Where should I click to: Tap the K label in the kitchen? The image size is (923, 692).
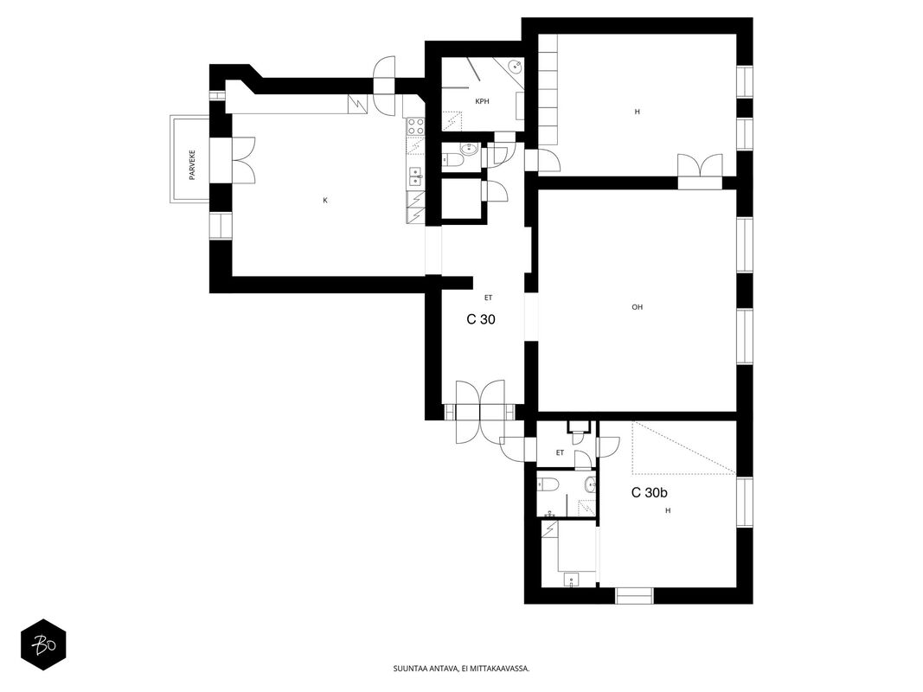325,201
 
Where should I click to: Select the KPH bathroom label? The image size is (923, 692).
482,101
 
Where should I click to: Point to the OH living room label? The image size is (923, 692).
637,306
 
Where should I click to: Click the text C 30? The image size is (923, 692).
481,319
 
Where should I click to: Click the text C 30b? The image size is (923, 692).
650,492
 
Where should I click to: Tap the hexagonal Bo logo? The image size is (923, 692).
43,645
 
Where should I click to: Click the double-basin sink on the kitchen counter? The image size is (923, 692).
415,176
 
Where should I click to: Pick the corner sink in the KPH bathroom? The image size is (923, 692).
516,66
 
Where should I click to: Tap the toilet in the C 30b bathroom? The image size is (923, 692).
548,484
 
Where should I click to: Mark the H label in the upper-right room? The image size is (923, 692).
637,112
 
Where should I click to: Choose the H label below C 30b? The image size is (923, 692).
668,510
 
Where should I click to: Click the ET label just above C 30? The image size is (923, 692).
488,298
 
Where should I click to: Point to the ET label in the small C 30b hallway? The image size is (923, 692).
560,452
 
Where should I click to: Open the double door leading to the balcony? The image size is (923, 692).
243,160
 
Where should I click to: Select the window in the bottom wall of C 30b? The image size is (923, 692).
635,595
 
